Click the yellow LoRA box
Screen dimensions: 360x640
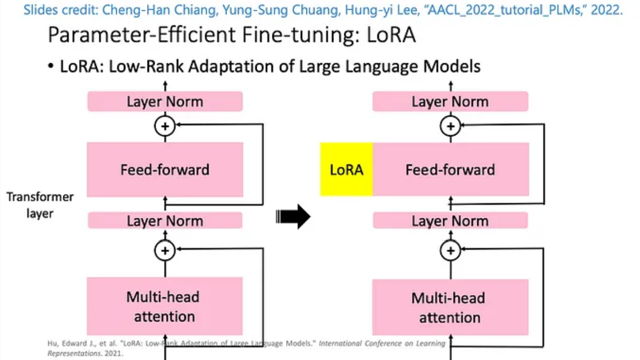tap(346, 169)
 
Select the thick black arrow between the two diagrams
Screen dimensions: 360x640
tap(294, 218)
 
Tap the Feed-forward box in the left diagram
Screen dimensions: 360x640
tap(165, 169)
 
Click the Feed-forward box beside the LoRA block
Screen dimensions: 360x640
tap(450, 169)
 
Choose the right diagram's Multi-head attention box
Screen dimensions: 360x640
tap(450, 307)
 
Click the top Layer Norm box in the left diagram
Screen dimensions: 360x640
tap(165, 102)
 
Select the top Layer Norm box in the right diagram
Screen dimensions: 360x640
tap(450, 102)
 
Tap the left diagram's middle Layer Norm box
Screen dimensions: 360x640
tap(165, 221)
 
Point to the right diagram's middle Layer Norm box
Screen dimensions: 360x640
tap(450, 221)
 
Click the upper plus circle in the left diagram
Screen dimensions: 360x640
tap(165, 126)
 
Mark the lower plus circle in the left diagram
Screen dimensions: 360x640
tap(165, 250)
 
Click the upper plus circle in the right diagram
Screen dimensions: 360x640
tap(450, 126)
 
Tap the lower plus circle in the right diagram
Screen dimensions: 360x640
tap(450, 250)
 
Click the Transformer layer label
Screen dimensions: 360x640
tap(40, 204)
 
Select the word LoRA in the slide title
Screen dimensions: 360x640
tap(389, 35)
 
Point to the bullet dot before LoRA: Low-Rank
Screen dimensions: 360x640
tap(51, 67)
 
